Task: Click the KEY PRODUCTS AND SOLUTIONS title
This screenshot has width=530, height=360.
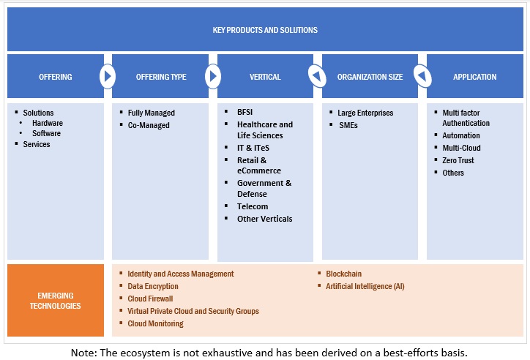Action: [265, 30]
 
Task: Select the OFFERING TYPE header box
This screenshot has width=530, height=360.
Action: [160, 77]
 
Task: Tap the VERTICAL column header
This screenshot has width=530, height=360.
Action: [265, 77]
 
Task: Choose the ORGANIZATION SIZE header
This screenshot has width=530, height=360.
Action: [370, 77]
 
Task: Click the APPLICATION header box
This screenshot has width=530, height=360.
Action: [474, 77]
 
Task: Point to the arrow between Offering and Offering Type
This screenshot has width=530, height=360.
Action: [108, 76]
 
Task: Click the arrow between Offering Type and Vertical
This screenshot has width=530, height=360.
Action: [212, 76]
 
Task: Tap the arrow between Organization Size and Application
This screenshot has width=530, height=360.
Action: [422, 76]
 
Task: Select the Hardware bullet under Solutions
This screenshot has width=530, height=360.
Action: [48, 123]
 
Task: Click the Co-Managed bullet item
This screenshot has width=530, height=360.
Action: [149, 125]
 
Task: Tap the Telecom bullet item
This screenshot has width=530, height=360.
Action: [253, 206]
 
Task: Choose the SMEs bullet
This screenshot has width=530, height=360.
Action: [348, 125]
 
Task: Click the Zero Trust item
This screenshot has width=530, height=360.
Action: [458, 160]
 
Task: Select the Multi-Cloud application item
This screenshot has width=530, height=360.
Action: [461, 148]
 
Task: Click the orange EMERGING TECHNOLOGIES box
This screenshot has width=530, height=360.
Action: [55, 300]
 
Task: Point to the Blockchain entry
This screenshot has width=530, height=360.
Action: [343, 274]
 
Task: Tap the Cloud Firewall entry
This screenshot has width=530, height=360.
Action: [150, 299]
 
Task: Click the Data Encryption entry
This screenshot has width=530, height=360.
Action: [153, 286]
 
